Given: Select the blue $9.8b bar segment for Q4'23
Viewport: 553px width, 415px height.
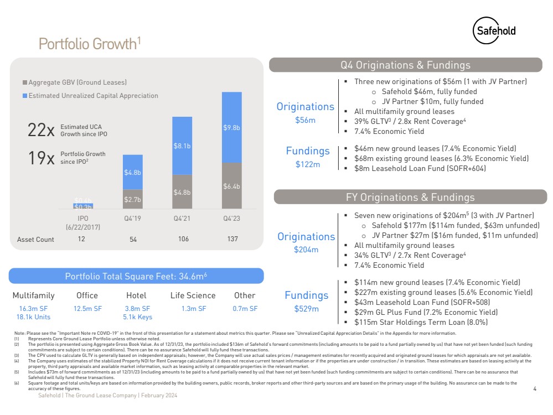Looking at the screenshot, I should (231, 127).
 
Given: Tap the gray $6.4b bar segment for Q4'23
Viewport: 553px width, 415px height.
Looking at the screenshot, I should (231, 186).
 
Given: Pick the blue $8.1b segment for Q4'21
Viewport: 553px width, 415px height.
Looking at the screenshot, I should (182, 146).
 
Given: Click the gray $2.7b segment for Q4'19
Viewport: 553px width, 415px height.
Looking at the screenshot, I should (132, 198).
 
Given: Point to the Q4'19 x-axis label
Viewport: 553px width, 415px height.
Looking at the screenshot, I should (132, 217).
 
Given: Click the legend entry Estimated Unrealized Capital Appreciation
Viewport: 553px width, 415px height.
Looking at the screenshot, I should (93, 96).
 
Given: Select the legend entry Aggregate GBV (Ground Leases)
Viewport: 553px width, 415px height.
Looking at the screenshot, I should (77, 82).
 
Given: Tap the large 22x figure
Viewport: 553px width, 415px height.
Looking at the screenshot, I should (41, 131).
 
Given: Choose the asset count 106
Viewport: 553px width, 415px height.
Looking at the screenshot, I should (183, 239).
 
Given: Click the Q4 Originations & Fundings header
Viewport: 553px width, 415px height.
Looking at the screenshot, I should (405, 65).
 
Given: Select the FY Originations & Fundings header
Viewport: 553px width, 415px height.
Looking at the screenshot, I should (410, 197).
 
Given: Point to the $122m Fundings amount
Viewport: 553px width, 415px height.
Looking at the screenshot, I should (308, 164).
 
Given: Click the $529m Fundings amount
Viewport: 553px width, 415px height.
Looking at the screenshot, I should (306, 308).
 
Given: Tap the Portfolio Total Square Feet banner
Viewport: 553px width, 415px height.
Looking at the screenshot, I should (136, 276).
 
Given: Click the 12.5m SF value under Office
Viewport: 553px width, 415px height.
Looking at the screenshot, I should (87, 308).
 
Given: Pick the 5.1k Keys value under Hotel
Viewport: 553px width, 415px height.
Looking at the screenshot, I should (137, 317).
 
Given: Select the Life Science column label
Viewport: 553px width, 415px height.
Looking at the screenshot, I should (193, 295).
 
